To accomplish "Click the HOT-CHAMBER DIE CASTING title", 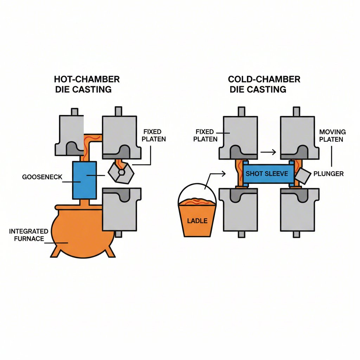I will (87, 84).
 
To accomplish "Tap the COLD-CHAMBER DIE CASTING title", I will (264, 84).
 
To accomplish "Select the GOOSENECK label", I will (42, 177).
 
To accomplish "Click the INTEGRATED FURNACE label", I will (29, 235).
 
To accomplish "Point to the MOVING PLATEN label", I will (332, 135).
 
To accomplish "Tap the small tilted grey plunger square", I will (303, 175).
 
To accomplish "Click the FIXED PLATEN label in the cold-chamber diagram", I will (206, 135).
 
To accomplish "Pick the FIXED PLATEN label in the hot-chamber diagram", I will (154, 135).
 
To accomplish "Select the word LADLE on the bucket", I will (197, 221).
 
